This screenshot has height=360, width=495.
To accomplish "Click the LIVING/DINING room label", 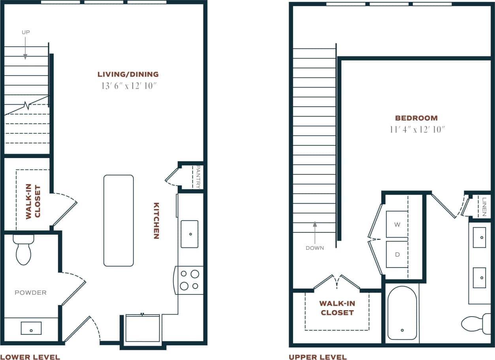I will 128,74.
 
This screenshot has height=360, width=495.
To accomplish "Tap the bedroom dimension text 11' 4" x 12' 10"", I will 416,129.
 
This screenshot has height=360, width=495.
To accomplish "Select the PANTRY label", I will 198,177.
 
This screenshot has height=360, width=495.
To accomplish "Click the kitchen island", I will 119,221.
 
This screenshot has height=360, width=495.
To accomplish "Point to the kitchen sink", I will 190,234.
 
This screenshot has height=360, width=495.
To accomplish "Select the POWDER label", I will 30,293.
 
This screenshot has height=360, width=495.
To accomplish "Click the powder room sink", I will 31,328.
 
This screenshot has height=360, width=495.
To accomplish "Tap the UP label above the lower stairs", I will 25,32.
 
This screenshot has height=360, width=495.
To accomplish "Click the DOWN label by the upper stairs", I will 314,248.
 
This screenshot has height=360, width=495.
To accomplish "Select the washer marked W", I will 397,224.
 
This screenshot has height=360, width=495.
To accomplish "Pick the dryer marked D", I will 397,254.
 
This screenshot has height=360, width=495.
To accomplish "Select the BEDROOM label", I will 416,118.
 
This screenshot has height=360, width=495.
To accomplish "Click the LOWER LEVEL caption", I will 30,357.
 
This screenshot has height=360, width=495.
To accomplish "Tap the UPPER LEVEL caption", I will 318,357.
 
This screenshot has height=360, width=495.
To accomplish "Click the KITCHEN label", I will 156,221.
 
